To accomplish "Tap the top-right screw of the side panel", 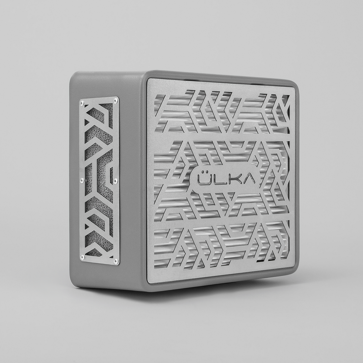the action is (115, 100).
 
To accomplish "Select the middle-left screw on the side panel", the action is (82, 179).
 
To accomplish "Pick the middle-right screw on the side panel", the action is (116, 180).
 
